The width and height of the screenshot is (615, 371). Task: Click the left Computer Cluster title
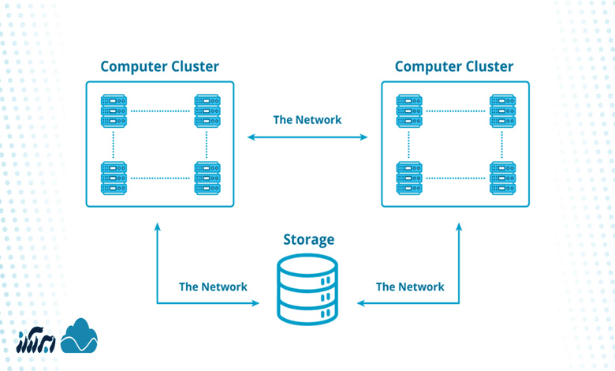point(159,66)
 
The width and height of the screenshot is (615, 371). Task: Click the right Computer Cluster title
point(454,66)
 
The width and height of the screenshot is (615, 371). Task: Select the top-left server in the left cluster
point(114,111)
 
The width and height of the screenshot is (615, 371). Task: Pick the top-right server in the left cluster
point(207,111)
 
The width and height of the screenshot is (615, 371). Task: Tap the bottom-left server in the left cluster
point(114,178)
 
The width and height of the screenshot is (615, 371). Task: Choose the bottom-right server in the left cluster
point(207,178)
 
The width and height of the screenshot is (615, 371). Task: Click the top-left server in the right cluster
point(409,111)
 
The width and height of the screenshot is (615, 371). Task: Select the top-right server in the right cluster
point(502,111)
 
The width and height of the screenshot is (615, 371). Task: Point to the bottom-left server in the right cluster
point(409,178)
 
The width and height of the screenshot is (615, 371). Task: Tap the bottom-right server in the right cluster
point(502,178)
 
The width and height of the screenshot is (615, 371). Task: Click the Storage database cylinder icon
point(308,288)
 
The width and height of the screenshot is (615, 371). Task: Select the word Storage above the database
point(308,239)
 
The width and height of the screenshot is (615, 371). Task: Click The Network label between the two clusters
point(307,120)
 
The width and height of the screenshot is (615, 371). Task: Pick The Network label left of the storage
point(213,287)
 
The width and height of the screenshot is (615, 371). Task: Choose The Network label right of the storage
point(410,287)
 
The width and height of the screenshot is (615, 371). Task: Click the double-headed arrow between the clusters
point(307,137)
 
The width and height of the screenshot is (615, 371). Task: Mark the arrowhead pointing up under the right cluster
point(459,227)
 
